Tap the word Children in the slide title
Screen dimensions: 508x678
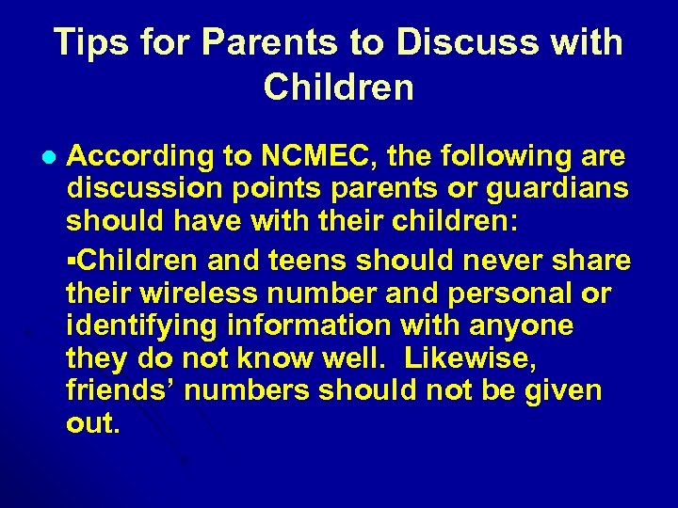pos(339,87)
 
